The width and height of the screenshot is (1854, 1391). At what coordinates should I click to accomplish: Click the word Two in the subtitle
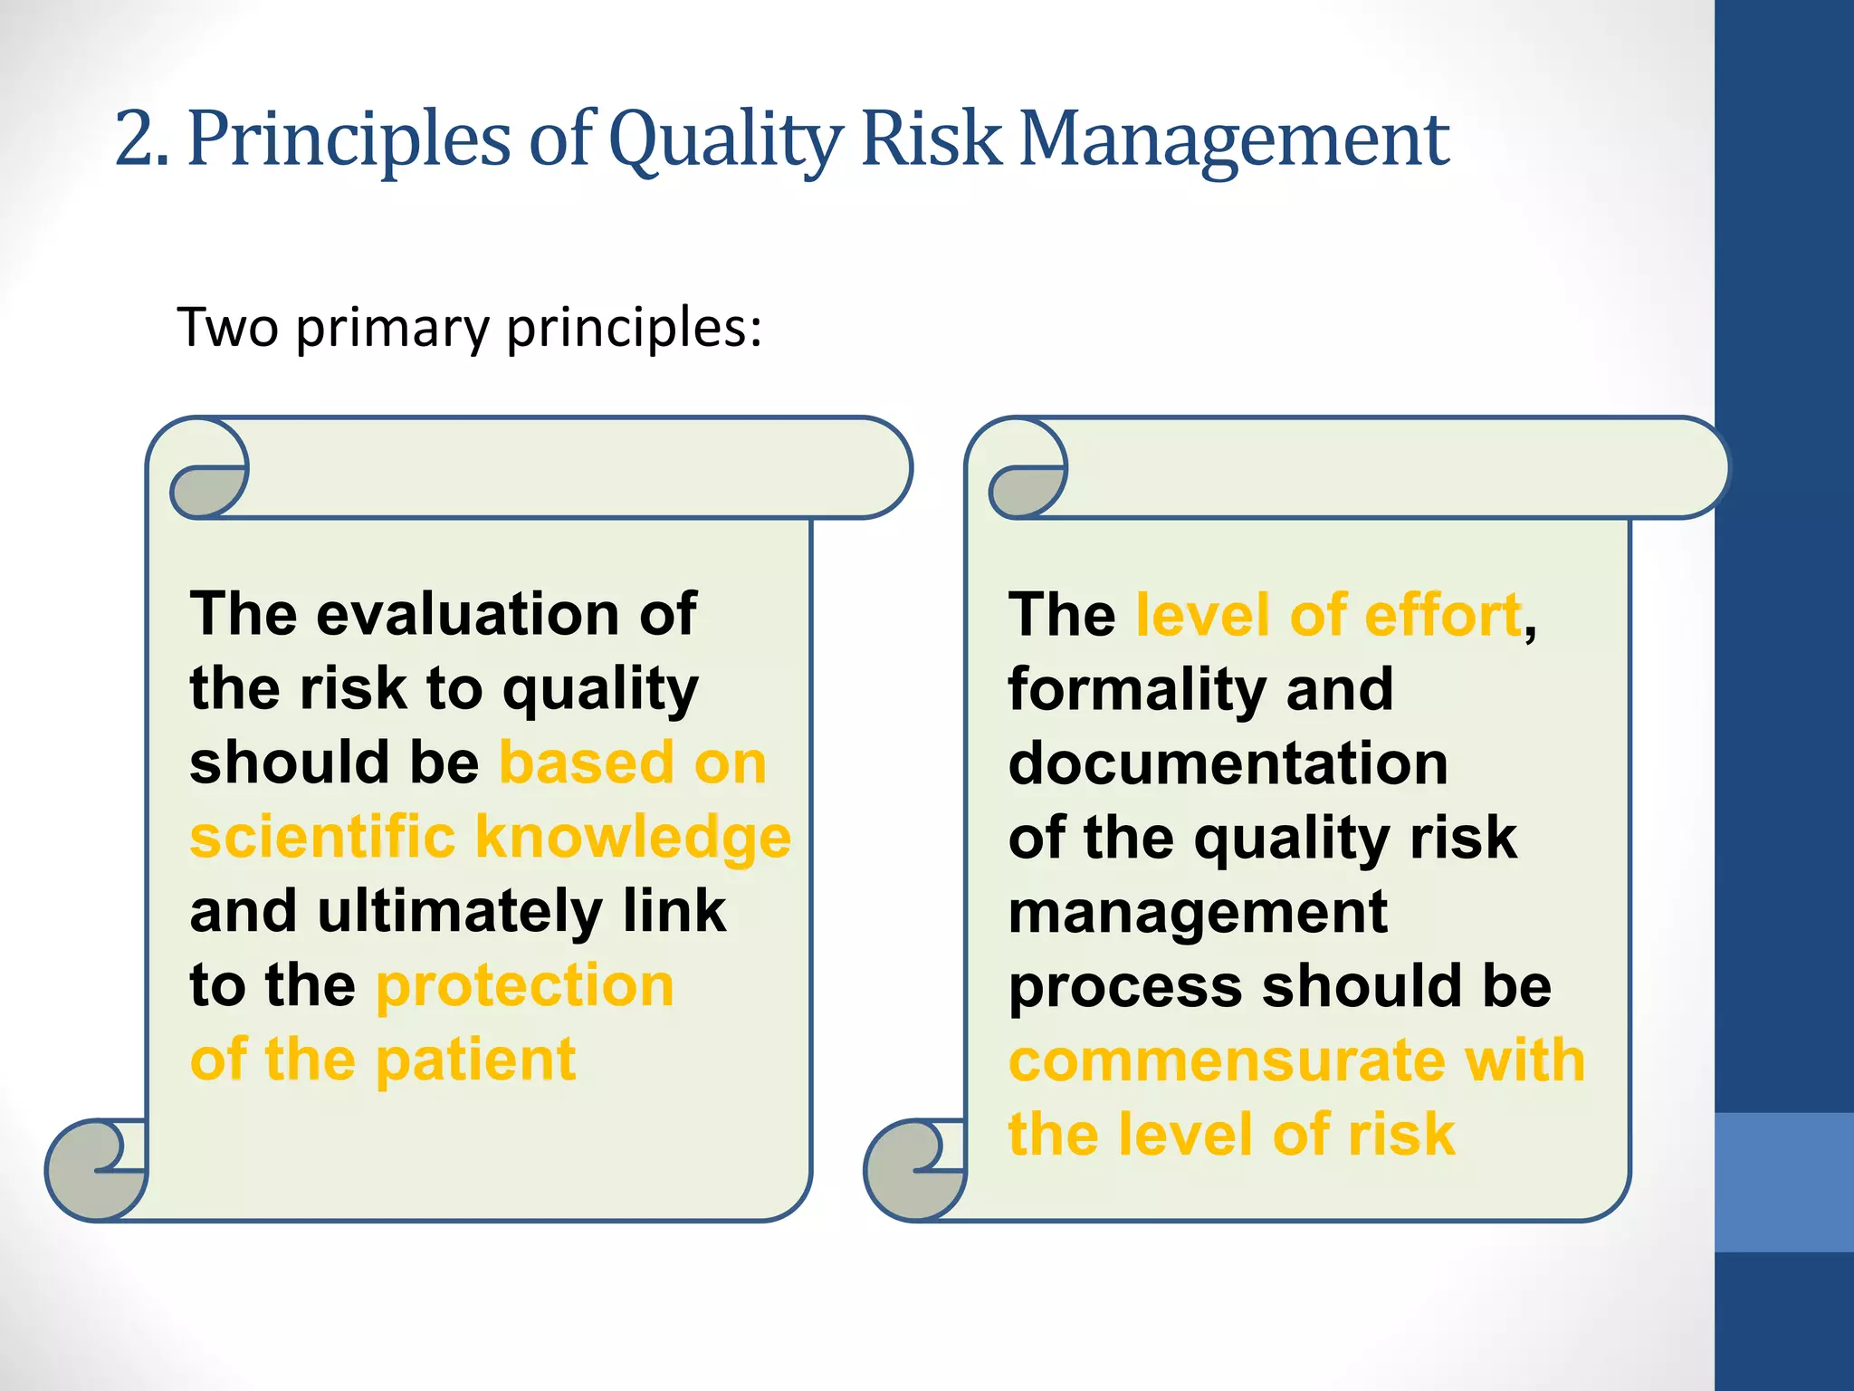[x=227, y=327]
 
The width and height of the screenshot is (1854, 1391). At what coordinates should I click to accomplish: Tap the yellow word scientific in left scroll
[x=322, y=836]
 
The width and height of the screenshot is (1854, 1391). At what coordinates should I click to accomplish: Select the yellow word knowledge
[x=633, y=838]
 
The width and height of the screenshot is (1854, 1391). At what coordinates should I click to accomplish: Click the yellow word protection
[x=525, y=985]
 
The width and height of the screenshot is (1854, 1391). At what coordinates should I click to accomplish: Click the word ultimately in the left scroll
[x=460, y=911]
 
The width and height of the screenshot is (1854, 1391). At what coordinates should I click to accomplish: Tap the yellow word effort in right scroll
[x=1442, y=615]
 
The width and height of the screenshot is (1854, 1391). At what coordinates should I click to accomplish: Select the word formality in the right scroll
[x=1135, y=690]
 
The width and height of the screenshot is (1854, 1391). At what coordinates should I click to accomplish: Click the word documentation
[x=1228, y=763]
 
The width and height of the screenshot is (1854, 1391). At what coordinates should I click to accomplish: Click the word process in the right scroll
[x=1124, y=987]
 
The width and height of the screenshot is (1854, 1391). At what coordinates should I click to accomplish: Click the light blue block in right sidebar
[x=1783, y=1182]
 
